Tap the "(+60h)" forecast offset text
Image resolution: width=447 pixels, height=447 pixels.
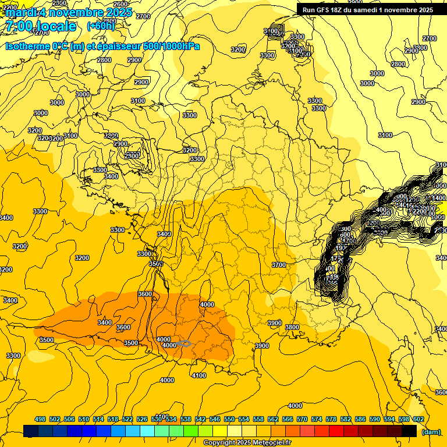click(x=101, y=26)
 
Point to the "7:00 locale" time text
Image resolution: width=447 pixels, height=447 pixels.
click(x=41, y=26)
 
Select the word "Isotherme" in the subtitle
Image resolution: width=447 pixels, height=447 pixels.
click(x=27, y=46)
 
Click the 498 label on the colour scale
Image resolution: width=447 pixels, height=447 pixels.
click(x=40, y=419)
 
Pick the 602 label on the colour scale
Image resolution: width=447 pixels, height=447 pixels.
click(x=418, y=419)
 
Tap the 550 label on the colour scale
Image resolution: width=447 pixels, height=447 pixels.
click(x=229, y=419)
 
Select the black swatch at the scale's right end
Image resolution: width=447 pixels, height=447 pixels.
click(x=409, y=431)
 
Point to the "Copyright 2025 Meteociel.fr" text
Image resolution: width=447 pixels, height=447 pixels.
click(x=247, y=443)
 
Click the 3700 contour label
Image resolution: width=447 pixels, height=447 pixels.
click(x=279, y=265)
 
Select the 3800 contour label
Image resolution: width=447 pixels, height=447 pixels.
click(x=292, y=328)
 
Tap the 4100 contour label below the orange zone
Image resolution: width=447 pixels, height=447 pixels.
click(x=198, y=375)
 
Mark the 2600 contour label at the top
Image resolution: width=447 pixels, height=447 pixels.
click(x=120, y=4)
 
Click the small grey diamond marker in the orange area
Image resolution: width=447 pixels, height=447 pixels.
click(x=185, y=344)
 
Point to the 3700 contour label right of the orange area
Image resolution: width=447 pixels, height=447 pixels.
click(x=279, y=265)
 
